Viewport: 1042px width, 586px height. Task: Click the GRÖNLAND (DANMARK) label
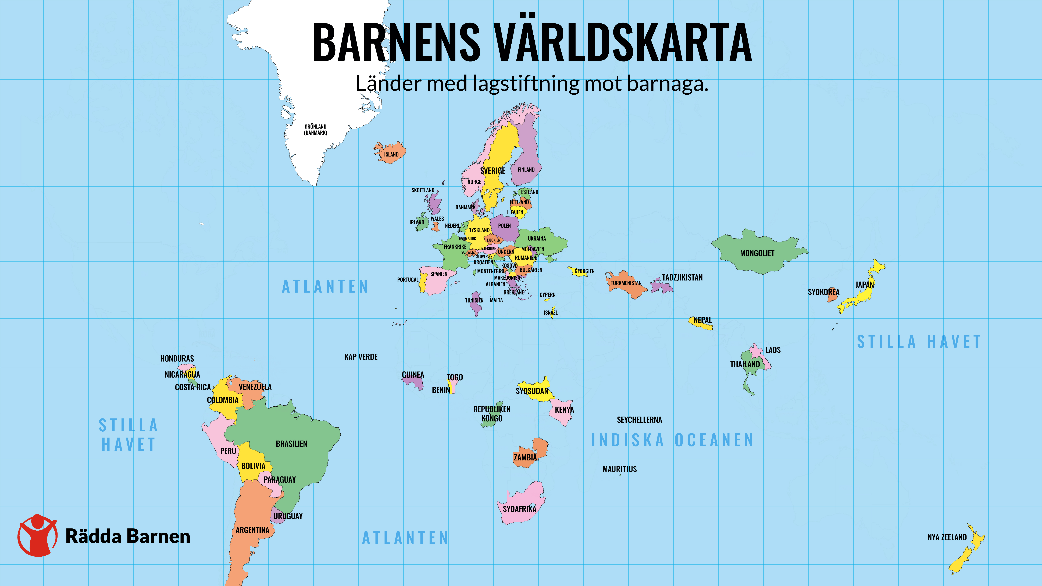click(316, 130)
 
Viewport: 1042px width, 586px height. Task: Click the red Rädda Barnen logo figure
click(37, 535)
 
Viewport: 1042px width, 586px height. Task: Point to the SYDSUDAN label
click(532, 391)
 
